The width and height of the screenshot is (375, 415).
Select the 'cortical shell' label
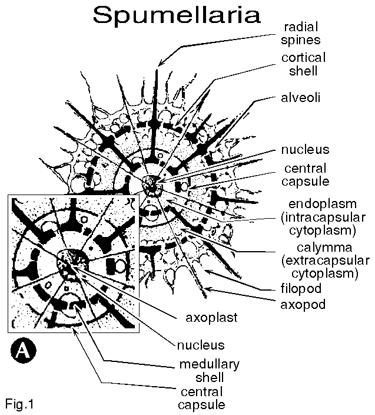(303, 64)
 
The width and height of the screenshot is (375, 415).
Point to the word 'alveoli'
(301, 98)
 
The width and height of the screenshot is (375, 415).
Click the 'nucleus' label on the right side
(305, 149)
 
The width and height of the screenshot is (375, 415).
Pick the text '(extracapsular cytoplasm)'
(325, 267)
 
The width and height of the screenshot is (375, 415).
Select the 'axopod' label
(302, 305)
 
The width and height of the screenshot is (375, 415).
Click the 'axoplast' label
(211, 318)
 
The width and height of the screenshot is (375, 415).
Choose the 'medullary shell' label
(204, 370)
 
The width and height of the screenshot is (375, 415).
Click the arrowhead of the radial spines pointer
(161, 62)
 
